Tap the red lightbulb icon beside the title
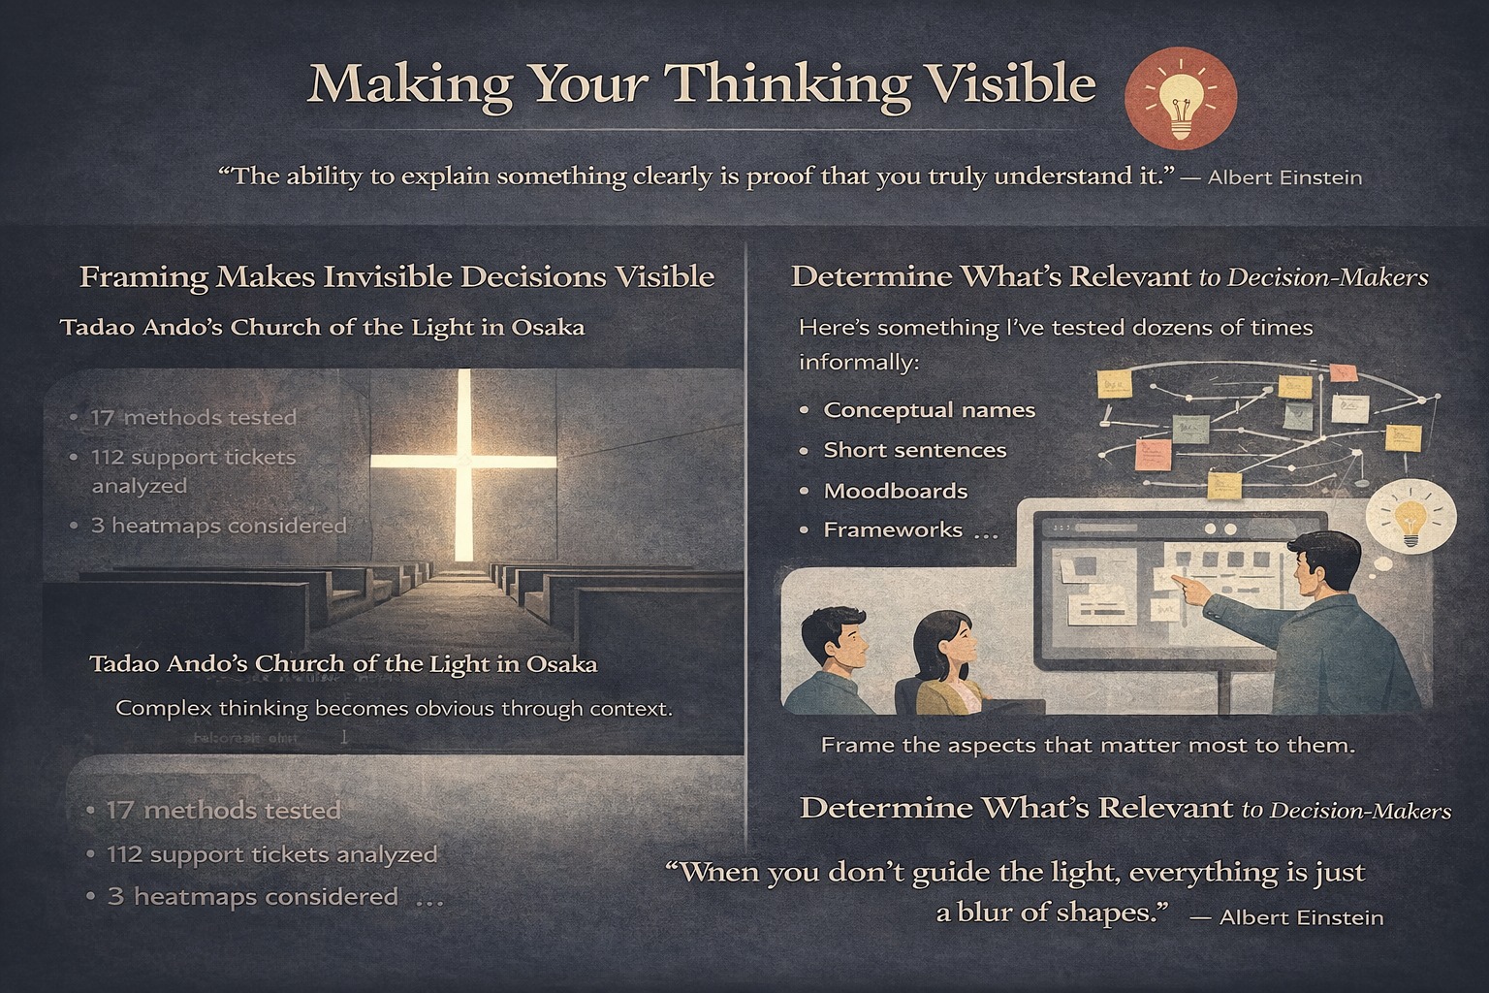pyautogui.click(x=1180, y=101)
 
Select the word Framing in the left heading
pyautogui.click(x=143, y=277)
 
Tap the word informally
pyautogui.click(x=858, y=363)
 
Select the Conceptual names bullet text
pyautogui.click(x=929, y=410)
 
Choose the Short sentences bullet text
pyautogui.click(x=914, y=450)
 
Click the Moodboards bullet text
pyautogui.click(x=895, y=491)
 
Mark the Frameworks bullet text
pyautogui.click(x=893, y=530)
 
